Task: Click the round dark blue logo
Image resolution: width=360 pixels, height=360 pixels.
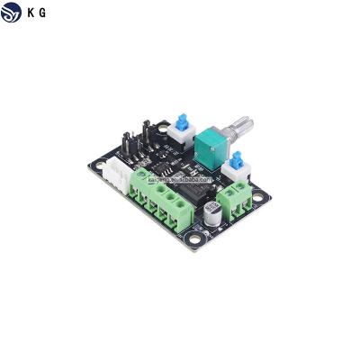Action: coord(13,13)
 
